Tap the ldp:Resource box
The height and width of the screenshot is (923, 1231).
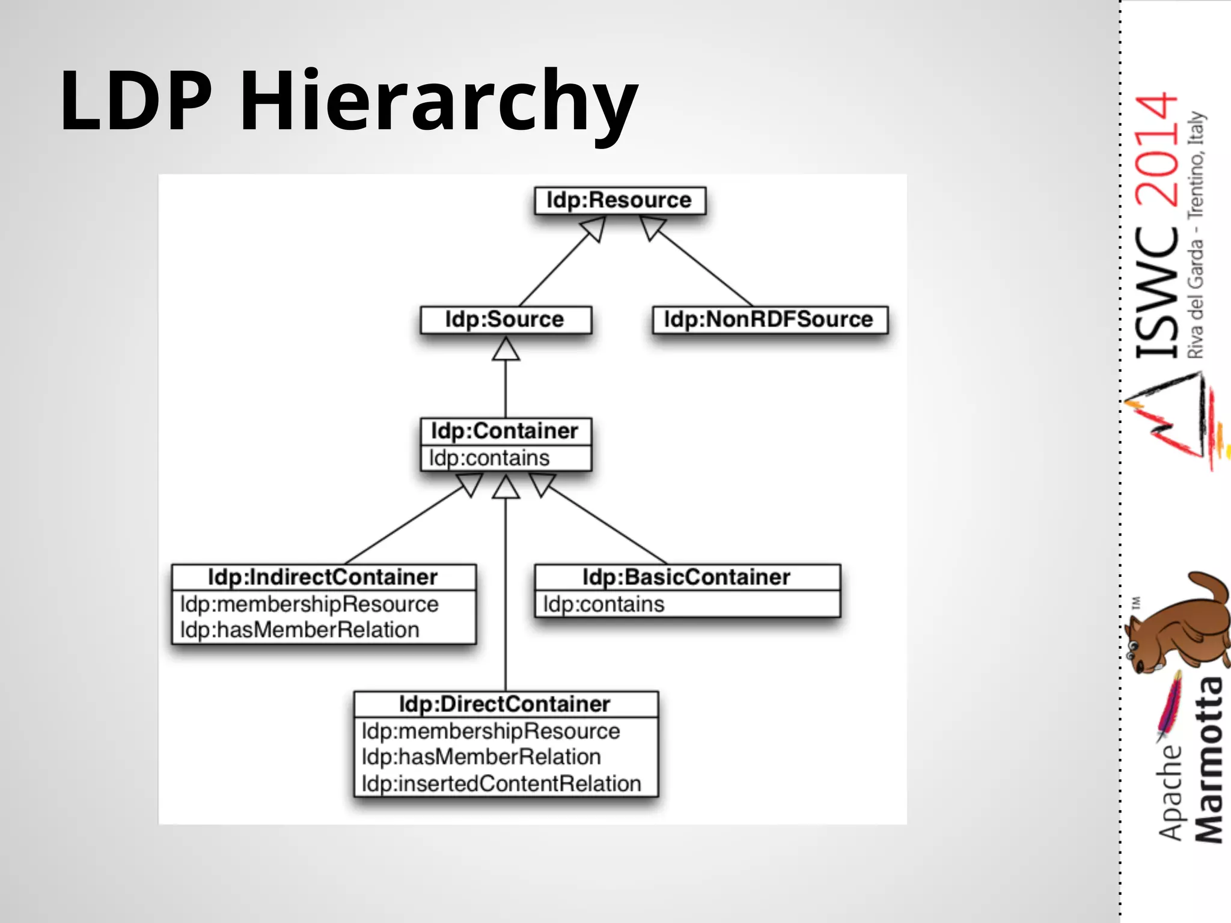coord(620,200)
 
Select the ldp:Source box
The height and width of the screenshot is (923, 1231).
coord(505,319)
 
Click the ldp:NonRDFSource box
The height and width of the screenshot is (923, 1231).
coord(769,319)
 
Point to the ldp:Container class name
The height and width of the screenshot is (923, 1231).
coord(505,431)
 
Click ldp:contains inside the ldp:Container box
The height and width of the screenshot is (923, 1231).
coord(489,458)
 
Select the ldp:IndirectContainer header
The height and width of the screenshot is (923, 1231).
coord(323,577)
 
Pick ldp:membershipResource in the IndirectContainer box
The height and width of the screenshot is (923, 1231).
coord(310,604)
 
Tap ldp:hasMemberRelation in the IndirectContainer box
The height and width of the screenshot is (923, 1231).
coord(300,630)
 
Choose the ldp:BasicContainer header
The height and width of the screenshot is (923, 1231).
coord(686,577)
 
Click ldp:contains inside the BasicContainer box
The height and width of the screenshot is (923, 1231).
coord(604,604)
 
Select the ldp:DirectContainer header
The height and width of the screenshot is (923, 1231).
coord(505,704)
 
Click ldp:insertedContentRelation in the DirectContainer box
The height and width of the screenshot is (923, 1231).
coord(501,784)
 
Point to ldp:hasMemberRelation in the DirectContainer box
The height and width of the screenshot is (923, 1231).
coord(481,757)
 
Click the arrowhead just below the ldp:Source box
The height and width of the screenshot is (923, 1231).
coord(506,350)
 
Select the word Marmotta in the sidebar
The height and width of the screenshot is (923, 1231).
coord(1209,760)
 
